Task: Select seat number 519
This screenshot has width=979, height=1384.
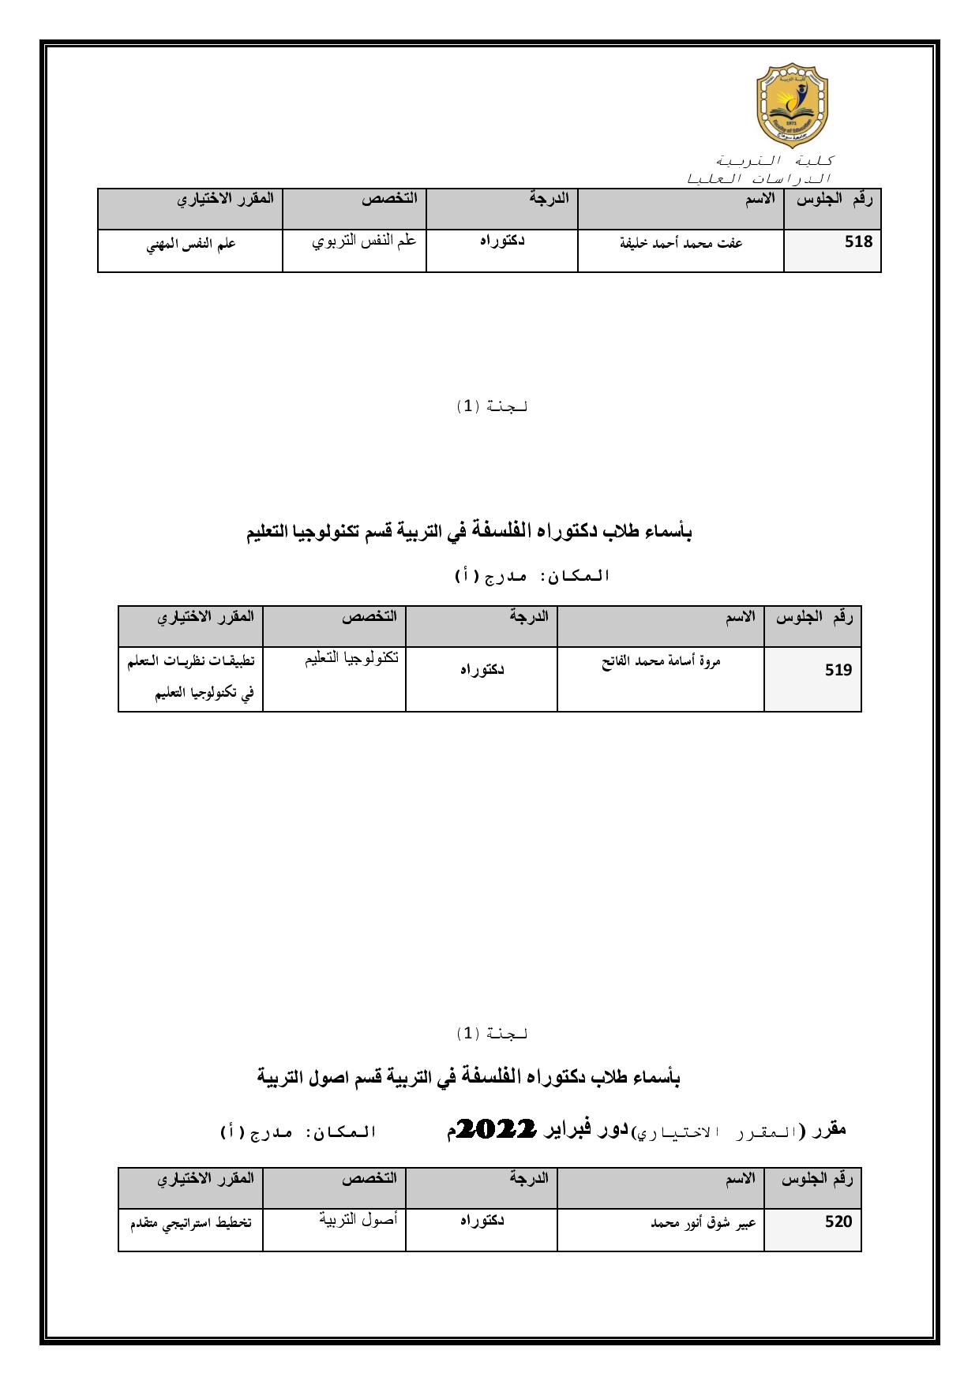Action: (838, 671)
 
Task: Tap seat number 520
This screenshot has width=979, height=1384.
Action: (838, 1222)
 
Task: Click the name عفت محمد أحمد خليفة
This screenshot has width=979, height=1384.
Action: (681, 243)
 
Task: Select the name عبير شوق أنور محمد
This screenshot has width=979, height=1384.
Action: (703, 1223)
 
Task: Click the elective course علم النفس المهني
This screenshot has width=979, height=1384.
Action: (191, 245)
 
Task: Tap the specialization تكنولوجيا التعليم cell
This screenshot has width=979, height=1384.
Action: (351, 659)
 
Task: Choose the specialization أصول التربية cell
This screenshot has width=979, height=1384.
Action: (358, 1219)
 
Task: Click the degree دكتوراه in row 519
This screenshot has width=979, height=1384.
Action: (482, 670)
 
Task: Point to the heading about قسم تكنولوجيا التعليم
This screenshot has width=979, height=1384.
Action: (469, 533)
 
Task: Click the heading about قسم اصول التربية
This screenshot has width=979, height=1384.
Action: (469, 1078)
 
